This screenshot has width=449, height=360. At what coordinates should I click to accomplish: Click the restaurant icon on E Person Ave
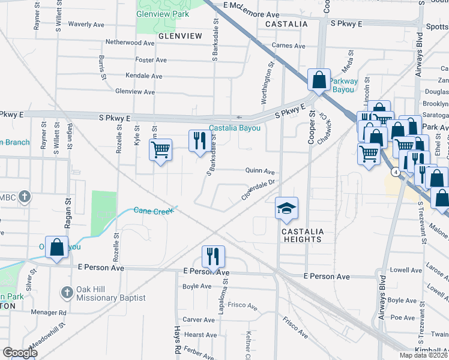coord(213,256)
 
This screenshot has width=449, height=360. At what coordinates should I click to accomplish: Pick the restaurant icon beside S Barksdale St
coord(200,141)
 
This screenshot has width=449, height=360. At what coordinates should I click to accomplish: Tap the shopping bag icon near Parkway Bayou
coord(319,80)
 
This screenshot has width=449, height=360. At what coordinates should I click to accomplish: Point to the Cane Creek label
coord(152,211)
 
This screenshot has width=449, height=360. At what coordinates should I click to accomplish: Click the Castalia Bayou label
coord(235,128)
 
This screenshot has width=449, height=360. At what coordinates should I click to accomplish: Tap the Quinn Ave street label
coord(260,170)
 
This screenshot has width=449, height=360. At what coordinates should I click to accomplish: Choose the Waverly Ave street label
coord(88,25)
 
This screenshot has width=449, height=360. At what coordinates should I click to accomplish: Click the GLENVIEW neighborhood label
coord(180,36)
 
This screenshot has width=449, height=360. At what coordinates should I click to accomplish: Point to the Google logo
coord(20,353)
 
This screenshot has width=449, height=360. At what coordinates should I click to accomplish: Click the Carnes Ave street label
coord(288,46)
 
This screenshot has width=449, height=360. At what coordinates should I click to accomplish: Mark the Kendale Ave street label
coord(143,76)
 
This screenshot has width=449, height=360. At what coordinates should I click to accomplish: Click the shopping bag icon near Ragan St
coord(56,248)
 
